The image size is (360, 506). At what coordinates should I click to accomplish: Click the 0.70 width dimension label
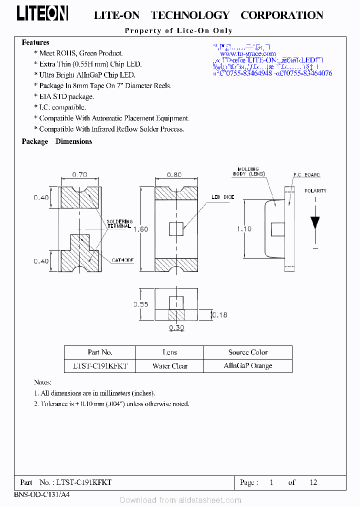point(79,174)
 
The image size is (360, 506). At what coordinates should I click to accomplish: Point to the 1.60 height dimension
point(143,229)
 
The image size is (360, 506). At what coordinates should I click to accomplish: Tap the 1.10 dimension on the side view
point(244,228)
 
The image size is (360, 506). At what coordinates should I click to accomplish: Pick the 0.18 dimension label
point(219,315)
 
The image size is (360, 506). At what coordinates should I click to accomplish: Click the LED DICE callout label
point(222,197)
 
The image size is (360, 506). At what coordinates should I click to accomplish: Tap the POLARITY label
point(315,190)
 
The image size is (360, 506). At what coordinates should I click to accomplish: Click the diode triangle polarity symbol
point(315,222)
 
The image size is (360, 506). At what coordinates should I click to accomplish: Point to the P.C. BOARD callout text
point(306,175)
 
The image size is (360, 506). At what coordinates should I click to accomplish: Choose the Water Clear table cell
point(169,365)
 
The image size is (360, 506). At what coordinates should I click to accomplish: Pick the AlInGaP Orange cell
point(248,365)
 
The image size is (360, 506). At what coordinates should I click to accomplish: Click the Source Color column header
point(248,352)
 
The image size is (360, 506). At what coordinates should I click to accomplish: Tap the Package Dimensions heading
point(57,141)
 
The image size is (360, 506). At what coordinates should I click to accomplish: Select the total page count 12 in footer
point(313,482)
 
